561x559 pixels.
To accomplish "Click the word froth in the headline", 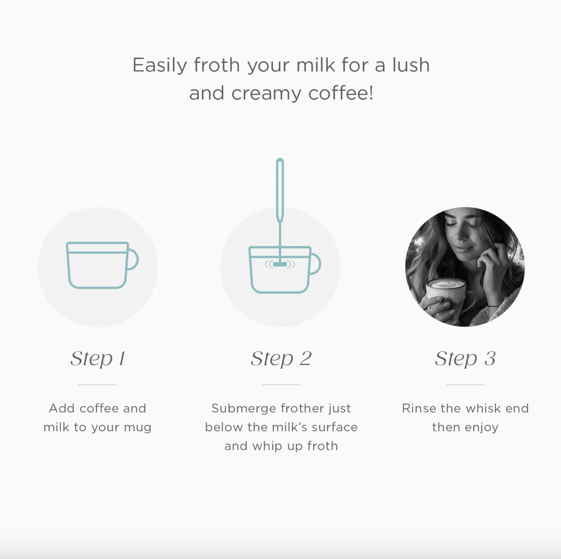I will click(x=216, y=65).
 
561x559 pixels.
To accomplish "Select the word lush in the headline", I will click(x=411, y=65).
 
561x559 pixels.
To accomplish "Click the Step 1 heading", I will click(x=98, y=358).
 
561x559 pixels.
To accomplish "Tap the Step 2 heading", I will click(x=281, y=358).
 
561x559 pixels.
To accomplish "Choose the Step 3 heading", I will click(x=465, y=358).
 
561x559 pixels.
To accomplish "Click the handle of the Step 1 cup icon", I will click(x=134, y=259).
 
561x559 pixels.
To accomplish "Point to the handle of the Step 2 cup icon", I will click(x=316, y=264).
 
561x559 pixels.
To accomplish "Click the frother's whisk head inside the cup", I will click(x=280, y=264).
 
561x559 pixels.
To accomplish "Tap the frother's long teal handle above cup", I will click(x=280, y=190).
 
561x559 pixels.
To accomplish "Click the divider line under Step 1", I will click(x=97, y=385).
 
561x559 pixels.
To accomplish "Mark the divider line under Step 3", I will click(x=465, y=385).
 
